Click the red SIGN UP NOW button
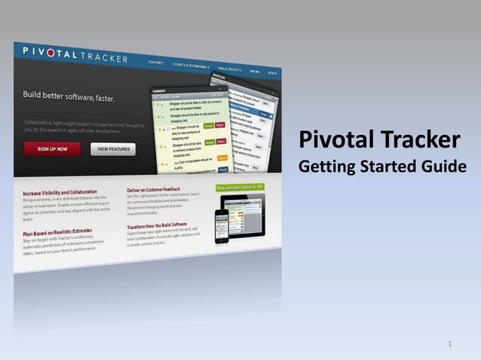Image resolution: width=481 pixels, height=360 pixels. (52, 148)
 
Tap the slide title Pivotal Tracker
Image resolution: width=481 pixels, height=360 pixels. (379, 140)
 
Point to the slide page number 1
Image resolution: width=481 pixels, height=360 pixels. (449, 344)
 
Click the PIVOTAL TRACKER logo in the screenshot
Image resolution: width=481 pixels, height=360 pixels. (75, 54)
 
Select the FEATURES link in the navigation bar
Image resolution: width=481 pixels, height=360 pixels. (156, 61)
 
